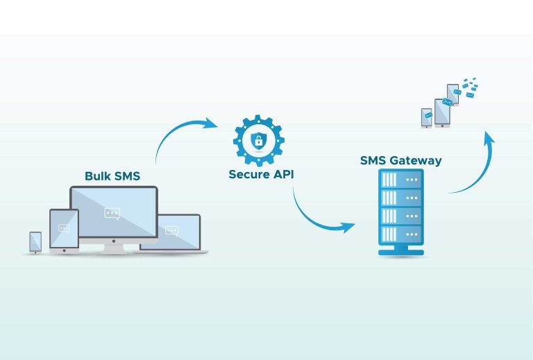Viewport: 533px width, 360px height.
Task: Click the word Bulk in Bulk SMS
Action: pyautogui.click(x=98, y=176)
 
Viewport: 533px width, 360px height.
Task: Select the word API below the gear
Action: pyautogui.click(x=282, y=175)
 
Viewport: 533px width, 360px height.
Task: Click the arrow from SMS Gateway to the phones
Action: pyautogui.click(x=479, y=166)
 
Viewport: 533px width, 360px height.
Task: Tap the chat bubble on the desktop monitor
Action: pyautogui.click(x=112, y=213)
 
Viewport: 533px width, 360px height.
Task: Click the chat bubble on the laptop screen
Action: pyautogui.click(x=171, y=231)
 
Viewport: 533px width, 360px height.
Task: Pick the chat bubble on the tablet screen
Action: pyautogui.click(x=65, y=228)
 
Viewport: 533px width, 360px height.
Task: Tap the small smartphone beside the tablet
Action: pyautogui.click(x=35, y=241)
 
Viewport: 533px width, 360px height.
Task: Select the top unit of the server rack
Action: pyautogui.click(x=400, y=180)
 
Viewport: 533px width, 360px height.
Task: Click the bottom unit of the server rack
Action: pyautogui.click(x=400, y=232)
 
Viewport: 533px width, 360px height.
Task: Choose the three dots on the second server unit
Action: pyautogui.click(x=413, y=198)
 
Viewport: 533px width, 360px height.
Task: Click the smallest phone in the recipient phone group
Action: pyautogui.click(x=427, y=118)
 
